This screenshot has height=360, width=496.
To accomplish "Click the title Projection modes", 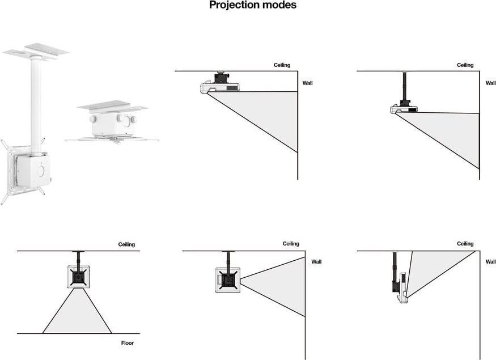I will click(252, 5).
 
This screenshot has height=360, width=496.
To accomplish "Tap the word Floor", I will click(127, 343).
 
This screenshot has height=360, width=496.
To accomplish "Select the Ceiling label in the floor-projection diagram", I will click(126, 244).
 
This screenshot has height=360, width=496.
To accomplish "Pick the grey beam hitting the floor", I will click(77, 315).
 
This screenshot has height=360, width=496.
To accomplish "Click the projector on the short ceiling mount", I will click(220, 87).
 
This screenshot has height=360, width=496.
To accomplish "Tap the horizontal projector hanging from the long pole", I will click(404, 109).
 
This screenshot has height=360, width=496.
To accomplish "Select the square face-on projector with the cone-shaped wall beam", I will click(228, 280).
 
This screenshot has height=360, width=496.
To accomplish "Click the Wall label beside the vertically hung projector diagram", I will click(490, 262).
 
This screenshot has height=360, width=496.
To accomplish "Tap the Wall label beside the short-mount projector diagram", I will click(307, 83).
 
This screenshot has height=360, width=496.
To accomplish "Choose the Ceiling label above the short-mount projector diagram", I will click(282, 65).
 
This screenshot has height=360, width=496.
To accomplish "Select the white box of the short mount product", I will click(112, 124).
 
